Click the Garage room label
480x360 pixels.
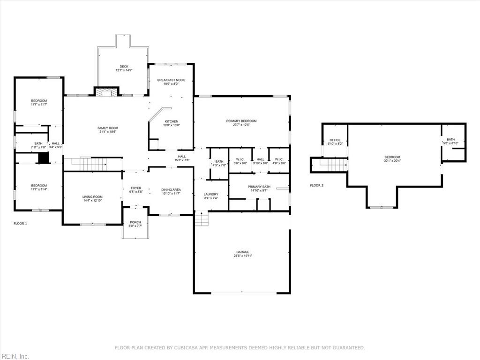click(x=242, y=252)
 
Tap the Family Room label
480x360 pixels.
click(x=108, y=128)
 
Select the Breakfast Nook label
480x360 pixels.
click(x=171, y=80)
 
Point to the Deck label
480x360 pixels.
click(x=124, y=67)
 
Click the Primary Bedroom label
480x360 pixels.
click(x=241, y=121)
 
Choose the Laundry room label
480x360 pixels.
click(x=211, y=194)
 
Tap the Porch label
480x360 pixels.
click(x=135, y=222)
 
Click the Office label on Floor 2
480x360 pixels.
click(x=335, y=140)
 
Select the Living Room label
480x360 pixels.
click(x=92, y=197)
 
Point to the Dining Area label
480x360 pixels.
click(x=171, y=190)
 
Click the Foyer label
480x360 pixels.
click(x=136, y=188)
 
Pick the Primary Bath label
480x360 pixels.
click(x=259, y=187)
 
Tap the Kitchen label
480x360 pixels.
click(x=172, y=121)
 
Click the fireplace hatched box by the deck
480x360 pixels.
click(x=106, y=92)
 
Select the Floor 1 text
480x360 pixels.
click(x=20, y=224)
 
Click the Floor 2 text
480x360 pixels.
click(x=316, y=185)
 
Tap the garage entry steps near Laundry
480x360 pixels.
click(x=202, y=219)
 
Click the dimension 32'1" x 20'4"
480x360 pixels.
click(x=392, y=160)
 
